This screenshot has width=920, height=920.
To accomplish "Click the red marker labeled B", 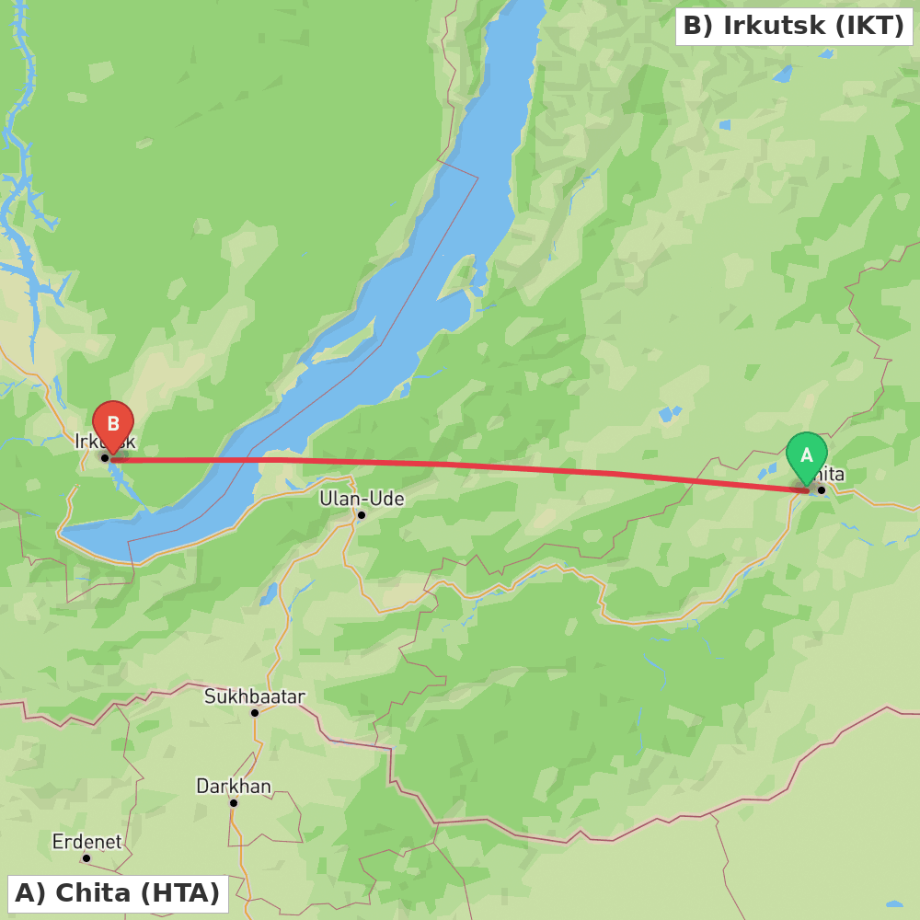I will tap(113, 425).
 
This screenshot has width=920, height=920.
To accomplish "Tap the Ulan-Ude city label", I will tap(362, 499).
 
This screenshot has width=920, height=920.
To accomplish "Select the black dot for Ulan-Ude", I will tap(362, 515).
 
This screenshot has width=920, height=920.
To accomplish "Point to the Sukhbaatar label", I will tap(254, 696).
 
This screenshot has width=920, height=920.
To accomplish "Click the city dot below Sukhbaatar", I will tap(255, 712).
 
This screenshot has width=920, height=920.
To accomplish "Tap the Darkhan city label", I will tap(234, 787).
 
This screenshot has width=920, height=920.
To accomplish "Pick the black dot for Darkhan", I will tap(234, 802).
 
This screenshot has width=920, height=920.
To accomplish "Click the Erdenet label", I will tap(86, 842).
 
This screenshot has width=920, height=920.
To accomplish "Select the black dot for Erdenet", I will tap(86, 857).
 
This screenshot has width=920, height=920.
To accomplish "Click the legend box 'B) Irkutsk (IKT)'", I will tap(794, 27).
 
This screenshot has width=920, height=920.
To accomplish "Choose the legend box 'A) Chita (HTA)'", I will tap(118, 893).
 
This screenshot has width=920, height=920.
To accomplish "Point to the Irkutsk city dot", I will tap(105, 457).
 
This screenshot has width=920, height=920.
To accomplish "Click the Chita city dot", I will tap(822, 489).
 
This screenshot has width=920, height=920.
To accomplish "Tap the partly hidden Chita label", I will tap(830, 475).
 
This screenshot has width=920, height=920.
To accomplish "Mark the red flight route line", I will tap(460, 465).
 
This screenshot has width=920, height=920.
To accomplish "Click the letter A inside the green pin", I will tap(807, 455).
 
